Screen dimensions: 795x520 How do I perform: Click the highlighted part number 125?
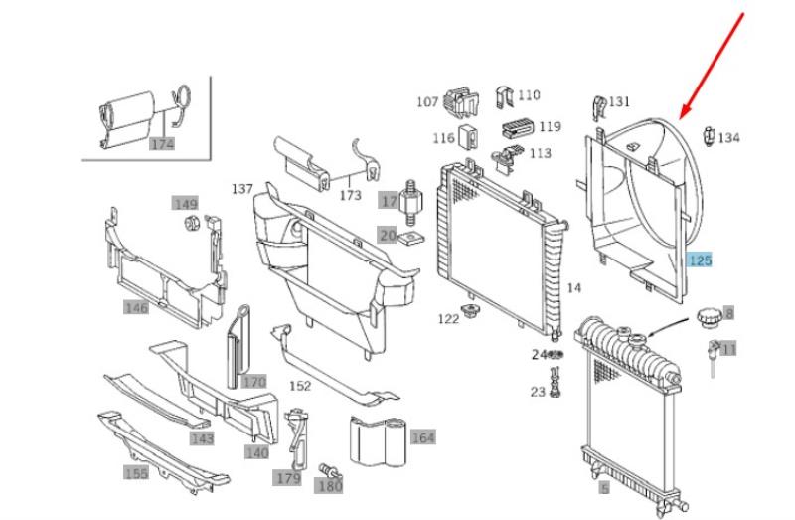(700, 260)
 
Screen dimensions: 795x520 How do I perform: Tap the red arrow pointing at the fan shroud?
(712, 67)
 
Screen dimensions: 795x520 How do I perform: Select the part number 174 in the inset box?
(162, 144)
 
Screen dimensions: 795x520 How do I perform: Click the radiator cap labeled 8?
(709, 317)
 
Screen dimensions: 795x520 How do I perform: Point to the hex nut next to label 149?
(192, 222)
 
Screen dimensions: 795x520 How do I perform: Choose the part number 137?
(242, 189)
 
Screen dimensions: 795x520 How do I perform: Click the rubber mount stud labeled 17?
(411, 201)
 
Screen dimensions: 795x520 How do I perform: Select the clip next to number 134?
(709, 136)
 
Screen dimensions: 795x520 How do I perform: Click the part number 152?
(300, 386)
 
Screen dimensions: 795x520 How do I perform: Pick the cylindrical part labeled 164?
(379, 441)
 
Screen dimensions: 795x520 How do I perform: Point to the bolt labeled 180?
(329, 471)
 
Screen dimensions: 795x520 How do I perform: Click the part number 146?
(136, 307)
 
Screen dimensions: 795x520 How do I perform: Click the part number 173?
(351, 195)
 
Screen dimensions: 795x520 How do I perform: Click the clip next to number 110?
(504, 97)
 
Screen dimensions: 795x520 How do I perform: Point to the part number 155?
(136, 473)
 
